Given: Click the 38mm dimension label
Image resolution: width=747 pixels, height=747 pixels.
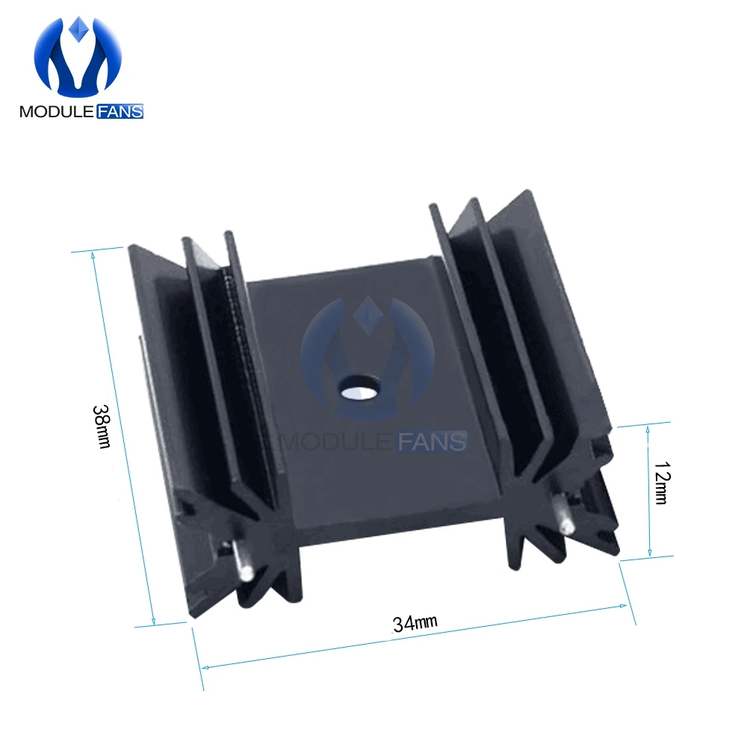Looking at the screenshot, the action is tap(102, 427).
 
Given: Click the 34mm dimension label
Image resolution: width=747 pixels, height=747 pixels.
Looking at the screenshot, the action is tap(415, 623).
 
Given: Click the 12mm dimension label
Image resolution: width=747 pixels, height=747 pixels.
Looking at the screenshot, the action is tap(662, 482).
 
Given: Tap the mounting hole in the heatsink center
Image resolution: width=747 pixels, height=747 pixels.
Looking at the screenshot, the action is tap(360, 387).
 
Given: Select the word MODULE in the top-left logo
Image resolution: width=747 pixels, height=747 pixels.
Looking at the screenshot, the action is tap(57, 111).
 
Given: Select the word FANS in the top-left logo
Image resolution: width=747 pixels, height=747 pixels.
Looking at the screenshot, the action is tap(120, 111).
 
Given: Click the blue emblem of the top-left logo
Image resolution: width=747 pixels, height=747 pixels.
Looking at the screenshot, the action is tap(78, 56).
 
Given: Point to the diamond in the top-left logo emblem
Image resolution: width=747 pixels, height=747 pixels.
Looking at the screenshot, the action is tap(78, 29).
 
